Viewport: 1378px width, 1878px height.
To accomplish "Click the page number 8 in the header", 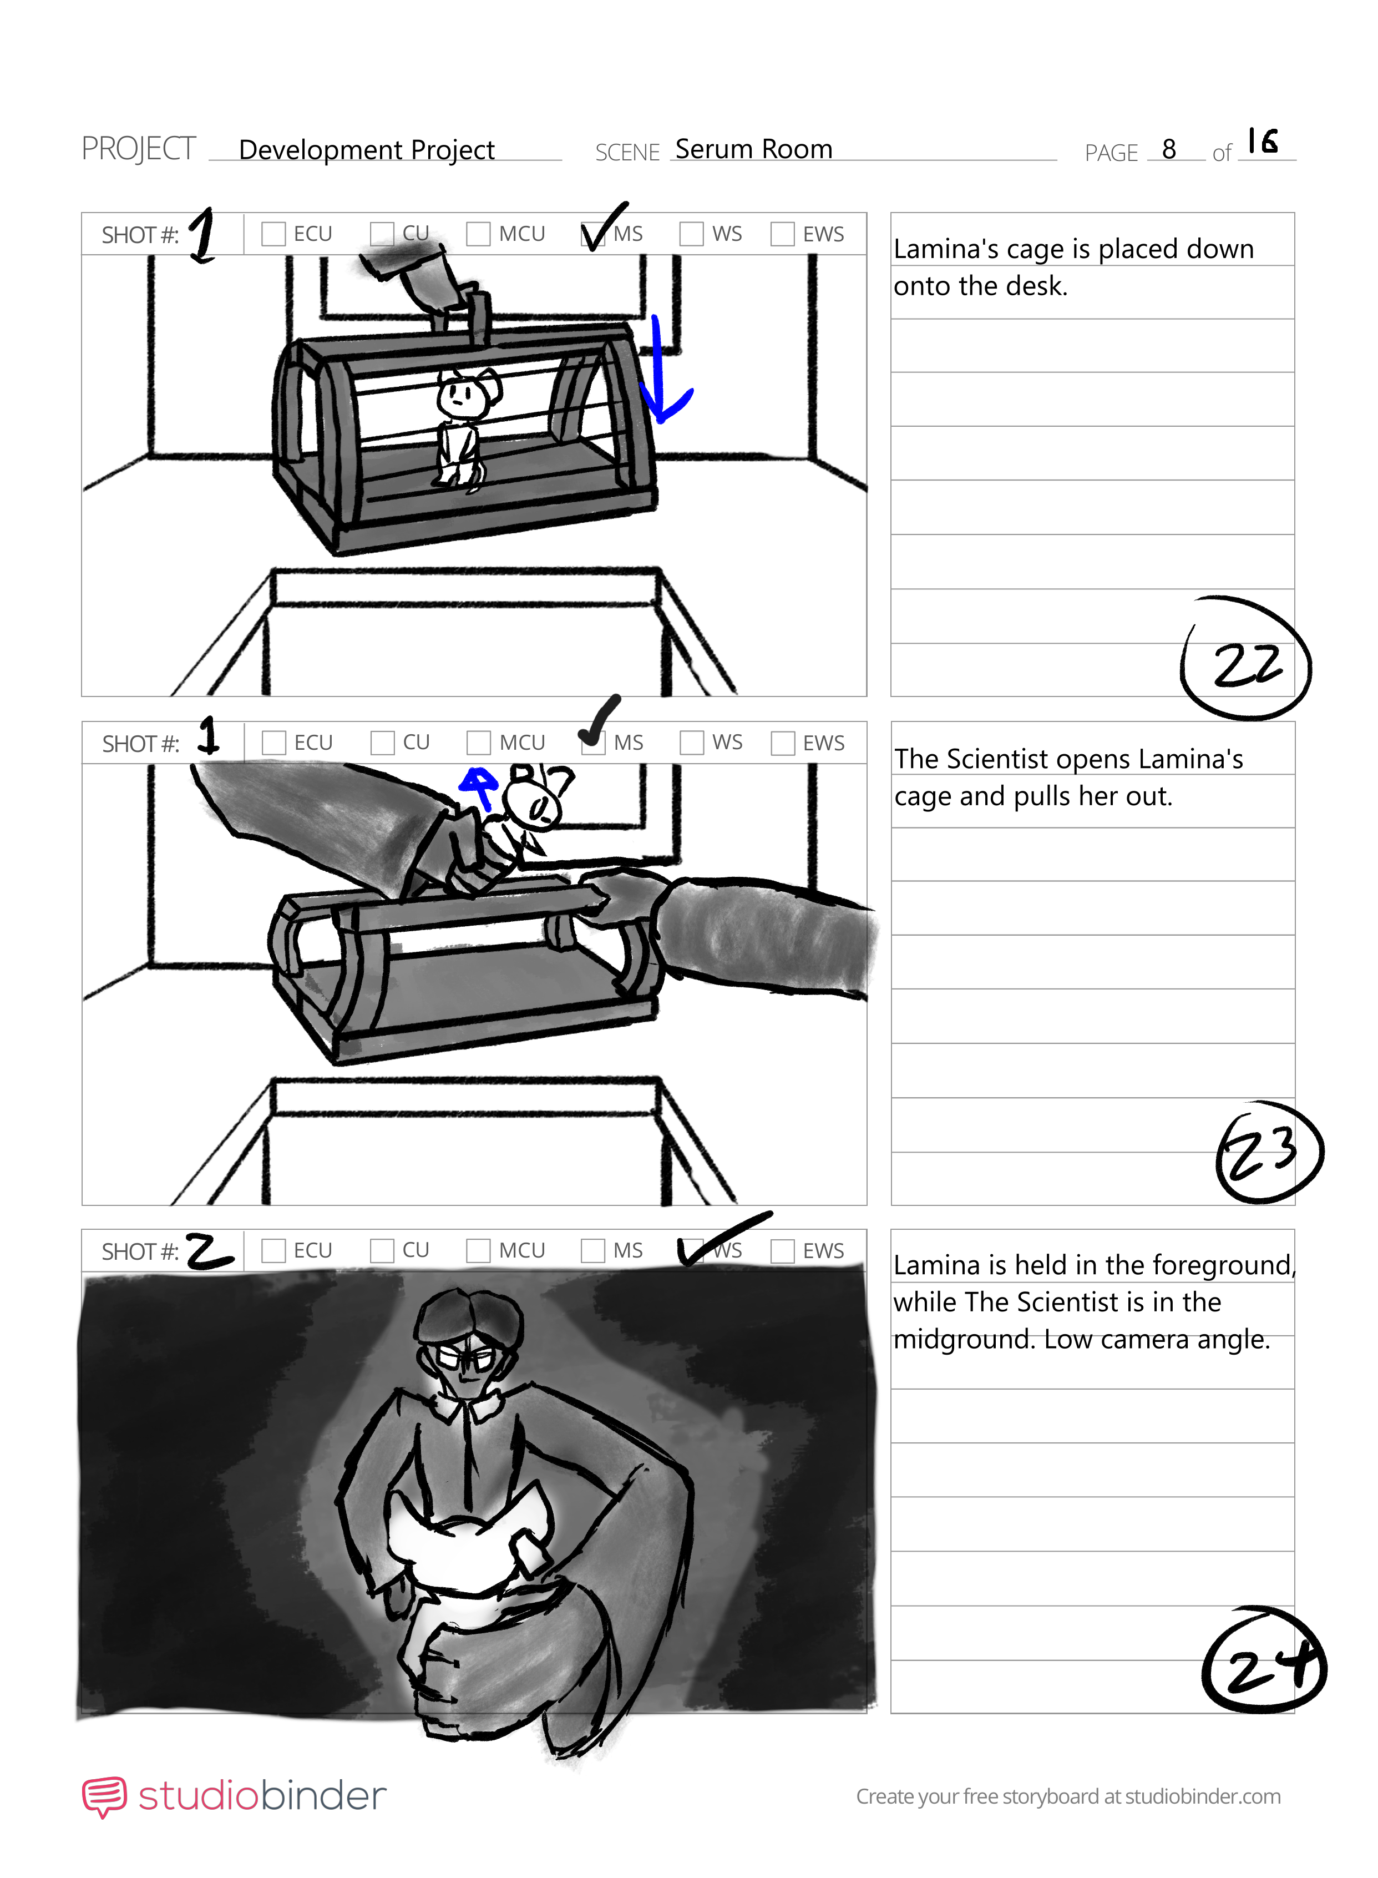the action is (1169, 149).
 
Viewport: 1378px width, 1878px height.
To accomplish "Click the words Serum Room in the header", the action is (754, 149).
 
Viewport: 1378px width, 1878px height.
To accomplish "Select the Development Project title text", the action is (367, 150).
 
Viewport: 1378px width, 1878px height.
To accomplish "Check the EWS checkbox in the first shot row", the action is (782, 234).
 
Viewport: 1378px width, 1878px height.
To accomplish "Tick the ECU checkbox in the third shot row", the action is (273, 1250).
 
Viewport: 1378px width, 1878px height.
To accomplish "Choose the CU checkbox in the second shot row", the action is (383, 743).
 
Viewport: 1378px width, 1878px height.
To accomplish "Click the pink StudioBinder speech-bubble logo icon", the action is (104, 1796).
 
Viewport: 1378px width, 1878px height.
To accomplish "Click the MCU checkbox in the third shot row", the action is (478, 1250).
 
